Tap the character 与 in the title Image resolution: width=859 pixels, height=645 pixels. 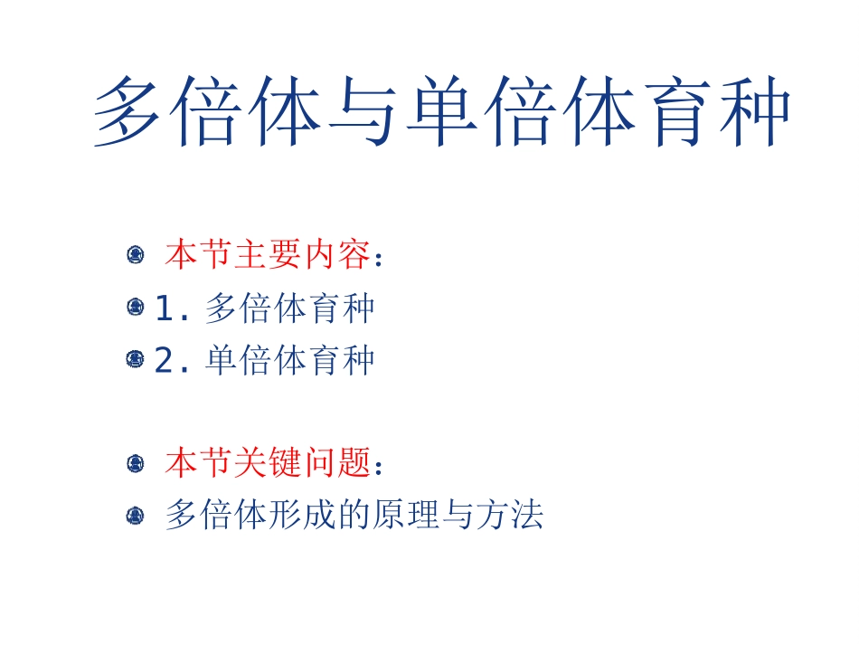[365, 112]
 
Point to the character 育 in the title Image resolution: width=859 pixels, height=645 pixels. [675, 112]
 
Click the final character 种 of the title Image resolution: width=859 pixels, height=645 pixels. [753, 112]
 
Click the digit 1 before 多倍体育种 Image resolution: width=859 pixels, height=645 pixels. [164, 309]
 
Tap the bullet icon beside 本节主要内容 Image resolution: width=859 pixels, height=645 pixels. [136, 256]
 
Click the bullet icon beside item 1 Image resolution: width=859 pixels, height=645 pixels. [136, 308]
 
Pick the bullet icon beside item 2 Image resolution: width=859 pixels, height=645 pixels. [136, 360]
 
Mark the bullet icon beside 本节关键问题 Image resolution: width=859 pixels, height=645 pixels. [136, 465]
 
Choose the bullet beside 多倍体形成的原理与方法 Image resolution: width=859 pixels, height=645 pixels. [136, 517]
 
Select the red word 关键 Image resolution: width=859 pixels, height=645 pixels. [269, 464]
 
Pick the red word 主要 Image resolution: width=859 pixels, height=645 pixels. [269, 256]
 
